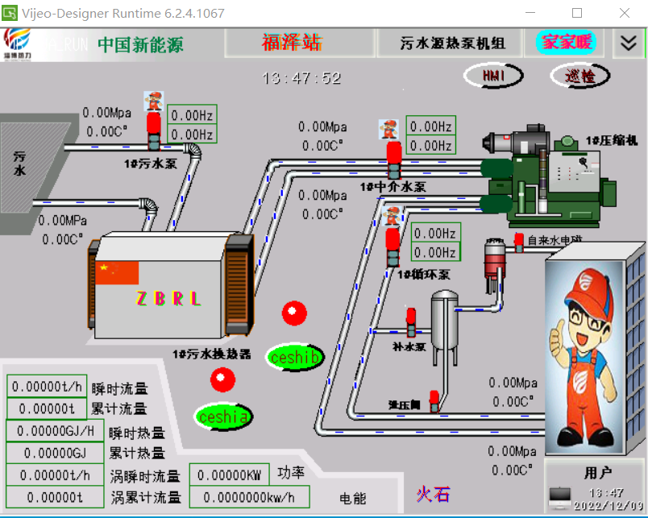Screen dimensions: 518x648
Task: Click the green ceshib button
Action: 296,357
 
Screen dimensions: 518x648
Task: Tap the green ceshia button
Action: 223,416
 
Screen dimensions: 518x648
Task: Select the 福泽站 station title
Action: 291,43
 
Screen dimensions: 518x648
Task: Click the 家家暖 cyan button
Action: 566,42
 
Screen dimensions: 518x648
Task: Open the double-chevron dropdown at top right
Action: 627,44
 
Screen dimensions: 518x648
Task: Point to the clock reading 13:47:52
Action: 301,78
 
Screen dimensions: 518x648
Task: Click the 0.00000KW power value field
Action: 229,475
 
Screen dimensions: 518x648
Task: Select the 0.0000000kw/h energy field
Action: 249,497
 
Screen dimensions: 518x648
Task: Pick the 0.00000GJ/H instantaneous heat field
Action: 56,432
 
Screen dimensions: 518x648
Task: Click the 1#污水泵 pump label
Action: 150,163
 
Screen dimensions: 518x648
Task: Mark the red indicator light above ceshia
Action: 223,378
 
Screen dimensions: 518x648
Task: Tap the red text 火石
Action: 433,494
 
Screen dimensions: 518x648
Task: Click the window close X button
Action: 625,13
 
